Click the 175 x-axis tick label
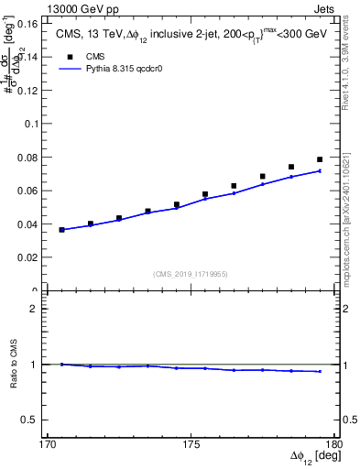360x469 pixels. click(191, 445)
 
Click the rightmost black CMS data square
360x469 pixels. click(320, 159)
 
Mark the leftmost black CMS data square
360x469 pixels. click(62, 230)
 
